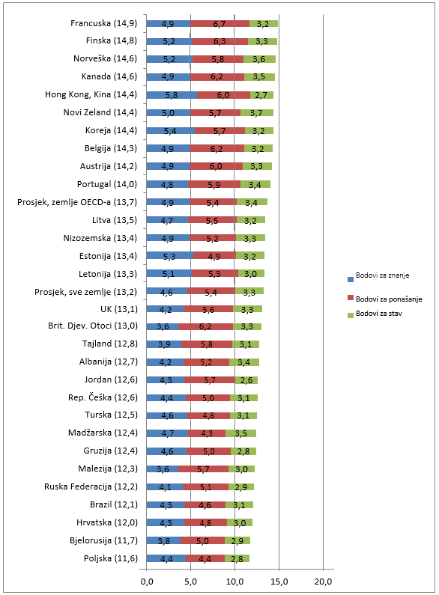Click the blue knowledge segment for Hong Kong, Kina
[172, 95]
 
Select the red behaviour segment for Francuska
[220, 23]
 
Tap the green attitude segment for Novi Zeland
[257, 113]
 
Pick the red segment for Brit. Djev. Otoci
[205, 327]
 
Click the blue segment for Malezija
[162, 469]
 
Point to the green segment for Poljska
[237, 558]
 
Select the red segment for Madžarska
[207, 433]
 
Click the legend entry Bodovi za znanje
[378, 276]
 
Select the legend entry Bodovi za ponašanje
[385, 299]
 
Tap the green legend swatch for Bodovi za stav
[351, 315]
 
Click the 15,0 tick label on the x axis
[279, 582]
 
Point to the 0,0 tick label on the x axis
[147, 582]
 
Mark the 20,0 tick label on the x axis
[323, 582]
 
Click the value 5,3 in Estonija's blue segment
[169, 257]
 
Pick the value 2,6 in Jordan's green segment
[246, 380]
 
